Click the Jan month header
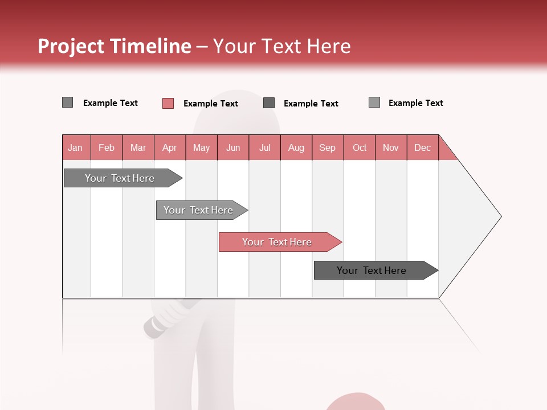(x=76, y=147)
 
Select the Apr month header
(x=170, y=147)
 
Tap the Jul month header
(x=265, y=147)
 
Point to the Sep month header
(x=328, y=147)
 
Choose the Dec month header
(x=423, y=147)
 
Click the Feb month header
(x=107, y=147)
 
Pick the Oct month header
(x=360, y=147)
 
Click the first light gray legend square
(x=68, y=102)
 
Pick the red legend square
(x=168, y=103)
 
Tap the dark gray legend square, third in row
(x=269, y=103)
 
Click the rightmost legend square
(x=374, y=102)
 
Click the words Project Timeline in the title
(x=115, y=46)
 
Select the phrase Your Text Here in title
(x=282, y=46)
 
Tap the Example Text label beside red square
(x=211, y=104)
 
